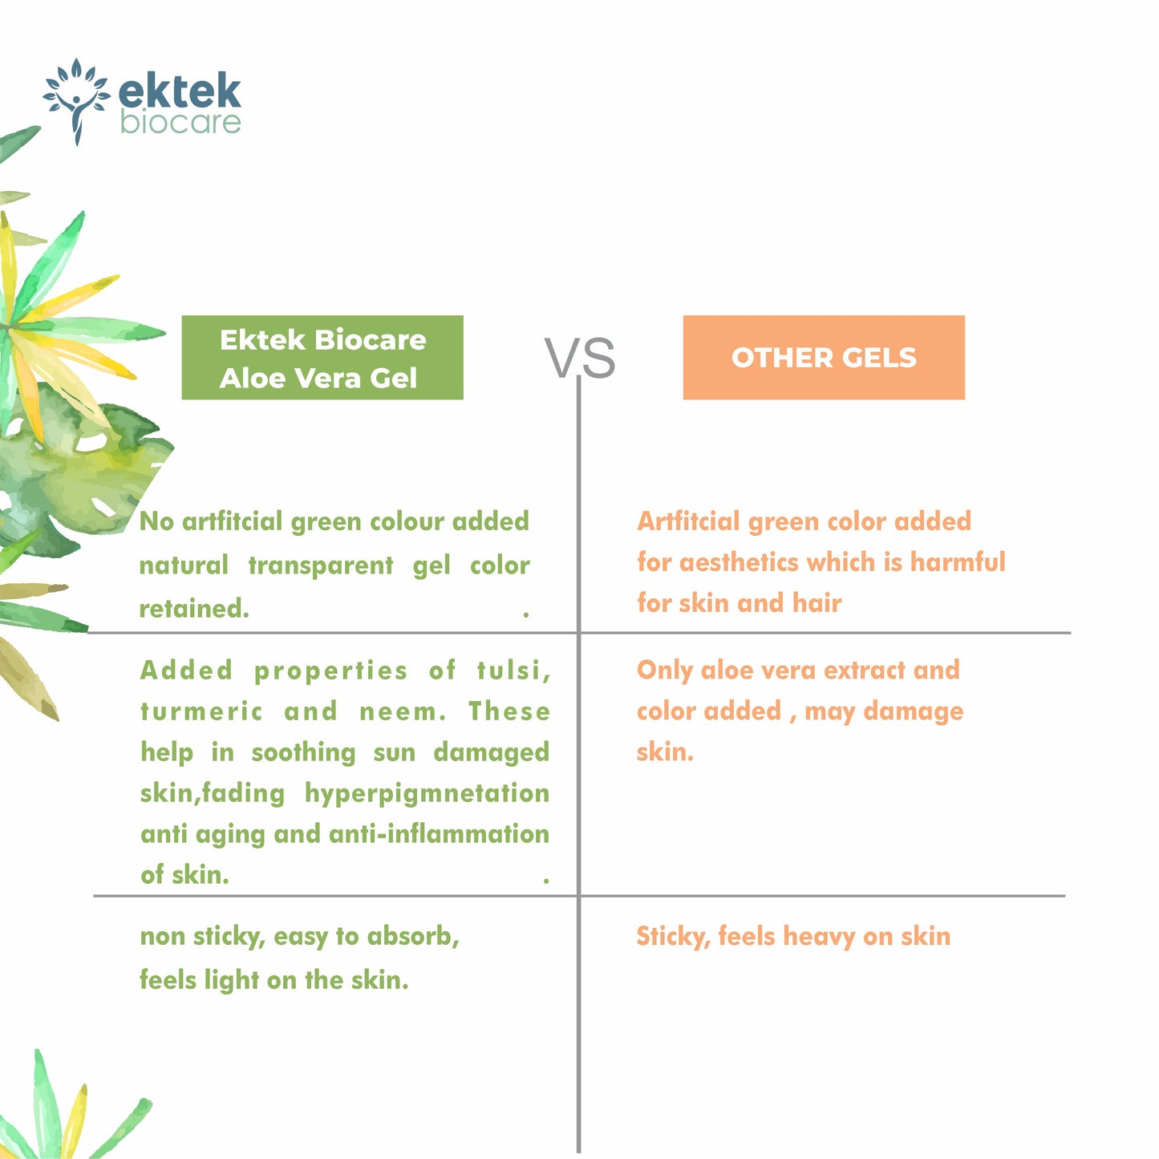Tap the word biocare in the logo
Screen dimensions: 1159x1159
point(180,123)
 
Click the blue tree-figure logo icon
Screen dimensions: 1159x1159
point(76,100)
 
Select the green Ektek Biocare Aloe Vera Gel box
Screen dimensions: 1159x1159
point(322,358)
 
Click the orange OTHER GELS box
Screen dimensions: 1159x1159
point(824,358)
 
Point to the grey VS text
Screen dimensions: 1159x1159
point(580,358)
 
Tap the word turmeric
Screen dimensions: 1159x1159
point(201,711)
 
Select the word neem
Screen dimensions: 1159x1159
point(402,711)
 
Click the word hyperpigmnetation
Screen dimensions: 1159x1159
point(427,793)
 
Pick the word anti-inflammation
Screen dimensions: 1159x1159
point(439,834)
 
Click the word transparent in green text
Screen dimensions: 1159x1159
point(321,565)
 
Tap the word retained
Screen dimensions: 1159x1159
point(194,609)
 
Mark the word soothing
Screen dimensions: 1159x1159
point(303,752)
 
